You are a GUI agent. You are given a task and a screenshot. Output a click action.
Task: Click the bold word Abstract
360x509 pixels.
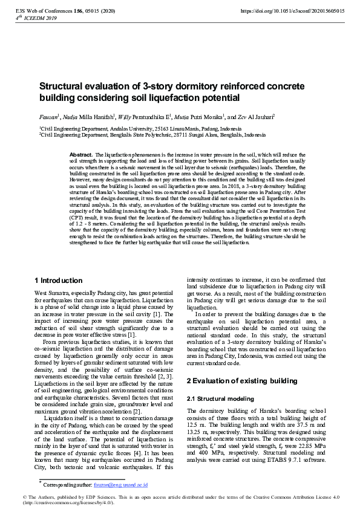tap(81, 155)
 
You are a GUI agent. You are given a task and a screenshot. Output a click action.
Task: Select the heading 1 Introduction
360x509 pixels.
tap(59, 280)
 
